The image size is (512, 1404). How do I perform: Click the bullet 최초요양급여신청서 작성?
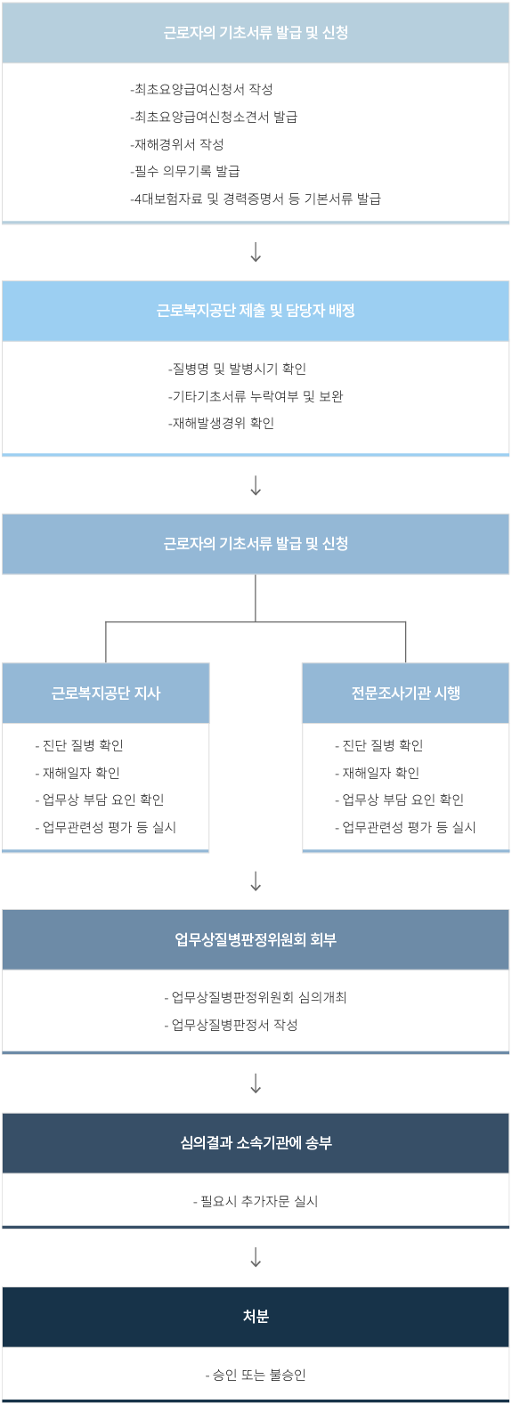pyautogui.click(x=201, y=89)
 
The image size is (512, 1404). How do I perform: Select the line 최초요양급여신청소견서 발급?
pyautogui.click(x=214, y=117)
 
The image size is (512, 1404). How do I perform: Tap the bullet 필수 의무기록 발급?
pyautogui.click(x=185, y=171)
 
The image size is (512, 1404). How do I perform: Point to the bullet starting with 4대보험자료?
pyautogui.click(x=255, y=199)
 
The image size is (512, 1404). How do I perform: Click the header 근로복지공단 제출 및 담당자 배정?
pyautogui.click(x=256, y=310)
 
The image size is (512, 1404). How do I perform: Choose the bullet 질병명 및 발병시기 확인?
pyautogui.click(x=237, y=369)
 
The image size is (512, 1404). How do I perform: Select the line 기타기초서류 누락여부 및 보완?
pyautogui.click(x=256, y=396)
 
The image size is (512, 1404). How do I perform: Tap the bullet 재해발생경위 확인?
pyautogui.click(x=221, y=423)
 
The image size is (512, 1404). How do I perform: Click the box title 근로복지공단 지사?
pyautogui.click(x=106, y=693)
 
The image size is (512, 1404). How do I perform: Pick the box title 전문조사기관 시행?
pyautogui.click(x=406, y=693)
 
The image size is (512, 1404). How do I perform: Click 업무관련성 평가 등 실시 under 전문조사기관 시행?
pyautogui.click(x=405, y=827)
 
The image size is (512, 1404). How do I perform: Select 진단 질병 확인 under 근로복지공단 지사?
pyautogui.click(x=79, y=745)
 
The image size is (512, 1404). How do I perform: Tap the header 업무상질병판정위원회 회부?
pyautogui.click(x=256, y=939)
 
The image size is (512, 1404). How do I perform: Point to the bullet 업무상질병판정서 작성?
pyautogui.click(x=231, y=1025)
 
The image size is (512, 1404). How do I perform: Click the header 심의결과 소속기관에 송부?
pyautogui.click(x=256, y=1142)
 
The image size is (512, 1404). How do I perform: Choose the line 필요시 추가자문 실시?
pyautogui.click(x=256, y=1201)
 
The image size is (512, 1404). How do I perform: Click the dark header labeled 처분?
pyautogui.click(x=256, y=1316)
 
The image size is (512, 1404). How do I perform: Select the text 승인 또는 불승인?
pyautogui.click(x=256, y=1375)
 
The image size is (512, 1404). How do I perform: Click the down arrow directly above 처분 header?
pyautogui.click(x=256, y=1257)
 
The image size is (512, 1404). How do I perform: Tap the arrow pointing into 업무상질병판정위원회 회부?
pyautogui.click(x=256, y=881)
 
